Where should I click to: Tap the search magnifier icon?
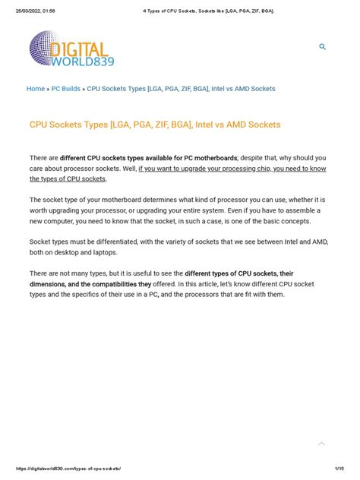pos(323,47)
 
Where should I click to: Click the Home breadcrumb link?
pos(36,89)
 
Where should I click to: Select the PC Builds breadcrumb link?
pos(66,89)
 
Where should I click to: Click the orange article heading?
pos(155,124)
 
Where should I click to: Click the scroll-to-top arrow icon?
pos(321,444)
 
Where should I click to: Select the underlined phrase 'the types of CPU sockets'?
pos(68,179)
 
